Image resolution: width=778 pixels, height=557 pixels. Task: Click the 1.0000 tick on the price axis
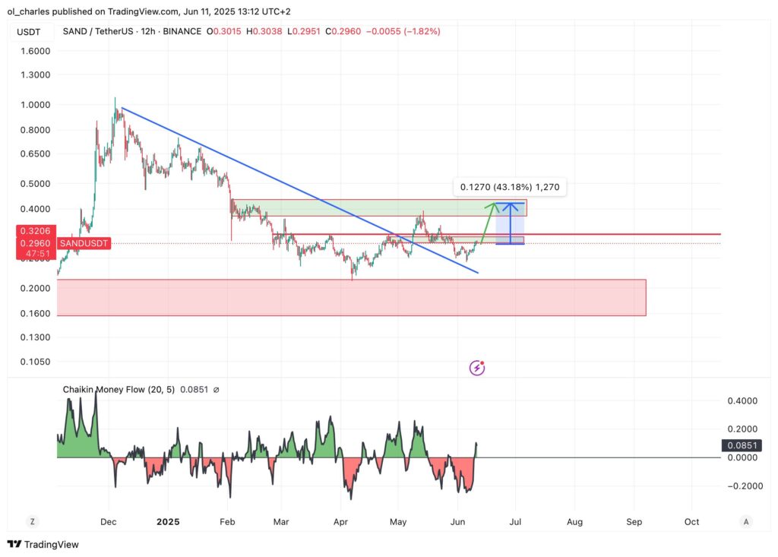pos(34,105)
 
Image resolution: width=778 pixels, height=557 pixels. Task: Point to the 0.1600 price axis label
pos(34,313)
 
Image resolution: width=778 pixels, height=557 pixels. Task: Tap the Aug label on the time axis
pos(575,522)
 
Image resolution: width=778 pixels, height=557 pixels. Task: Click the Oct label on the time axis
pos(691,522)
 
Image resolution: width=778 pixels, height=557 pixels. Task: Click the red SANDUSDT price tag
pos(84,243)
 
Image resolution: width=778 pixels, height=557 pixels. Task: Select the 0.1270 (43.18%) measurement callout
pos(510,186)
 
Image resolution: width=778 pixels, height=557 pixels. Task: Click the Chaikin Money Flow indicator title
pos(119,390)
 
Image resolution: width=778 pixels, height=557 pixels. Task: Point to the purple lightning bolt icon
pos(477,368)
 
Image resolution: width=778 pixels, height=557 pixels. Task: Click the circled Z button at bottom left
pos(32,522)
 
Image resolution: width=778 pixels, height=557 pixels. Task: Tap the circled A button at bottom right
pos(746,522)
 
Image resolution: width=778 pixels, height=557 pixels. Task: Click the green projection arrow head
pos(495,204)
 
